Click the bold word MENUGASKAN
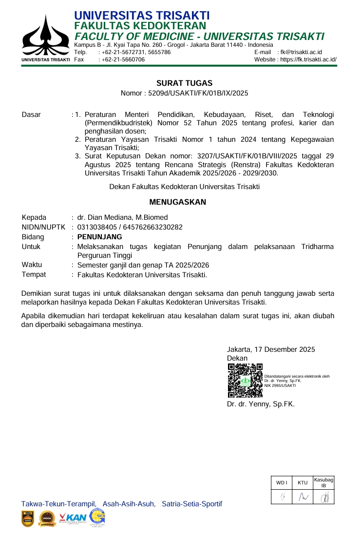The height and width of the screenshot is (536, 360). (177, 202)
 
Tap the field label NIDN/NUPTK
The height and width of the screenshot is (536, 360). (43, 227)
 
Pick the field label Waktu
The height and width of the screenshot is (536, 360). (32, 265)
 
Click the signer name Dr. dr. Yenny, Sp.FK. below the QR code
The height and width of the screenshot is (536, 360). (261, 404)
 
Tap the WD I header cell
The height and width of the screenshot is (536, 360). (282, 482)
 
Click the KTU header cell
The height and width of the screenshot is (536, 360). (303, 482)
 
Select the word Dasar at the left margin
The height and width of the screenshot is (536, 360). (32, 115)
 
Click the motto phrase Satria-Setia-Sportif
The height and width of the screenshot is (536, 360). (192, 503)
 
